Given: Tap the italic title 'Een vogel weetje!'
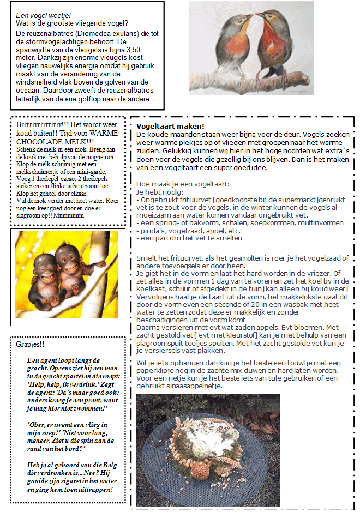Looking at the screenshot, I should (44, 15).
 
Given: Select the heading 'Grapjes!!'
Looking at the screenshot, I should (30, 345).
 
